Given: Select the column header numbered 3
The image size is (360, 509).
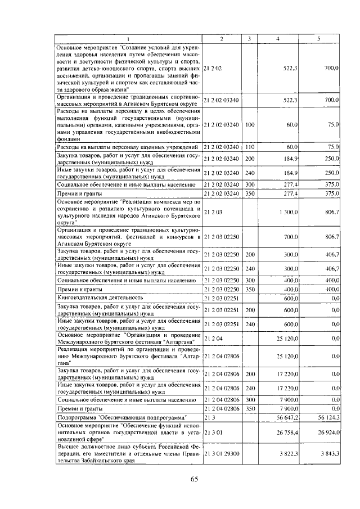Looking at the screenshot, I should (249, 39).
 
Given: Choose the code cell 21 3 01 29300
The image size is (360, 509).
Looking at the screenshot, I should (221, 453).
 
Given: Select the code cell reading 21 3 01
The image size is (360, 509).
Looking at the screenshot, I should (213, 433).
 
